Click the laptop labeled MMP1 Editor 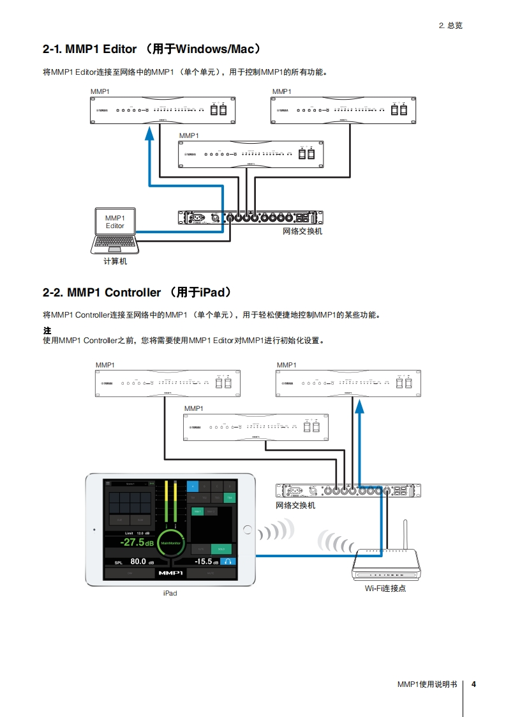pos(115,229)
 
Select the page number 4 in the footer pos(473,684)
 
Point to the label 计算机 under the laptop pos(115,261)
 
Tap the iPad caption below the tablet pos(170,593)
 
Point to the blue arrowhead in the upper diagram pos(149,132)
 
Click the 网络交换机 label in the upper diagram pos(302,231)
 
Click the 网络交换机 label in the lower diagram pos(295,505)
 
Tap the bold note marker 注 pos(47,331)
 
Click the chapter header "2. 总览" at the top pos(450,26)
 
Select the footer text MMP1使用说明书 pos(427,684)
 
